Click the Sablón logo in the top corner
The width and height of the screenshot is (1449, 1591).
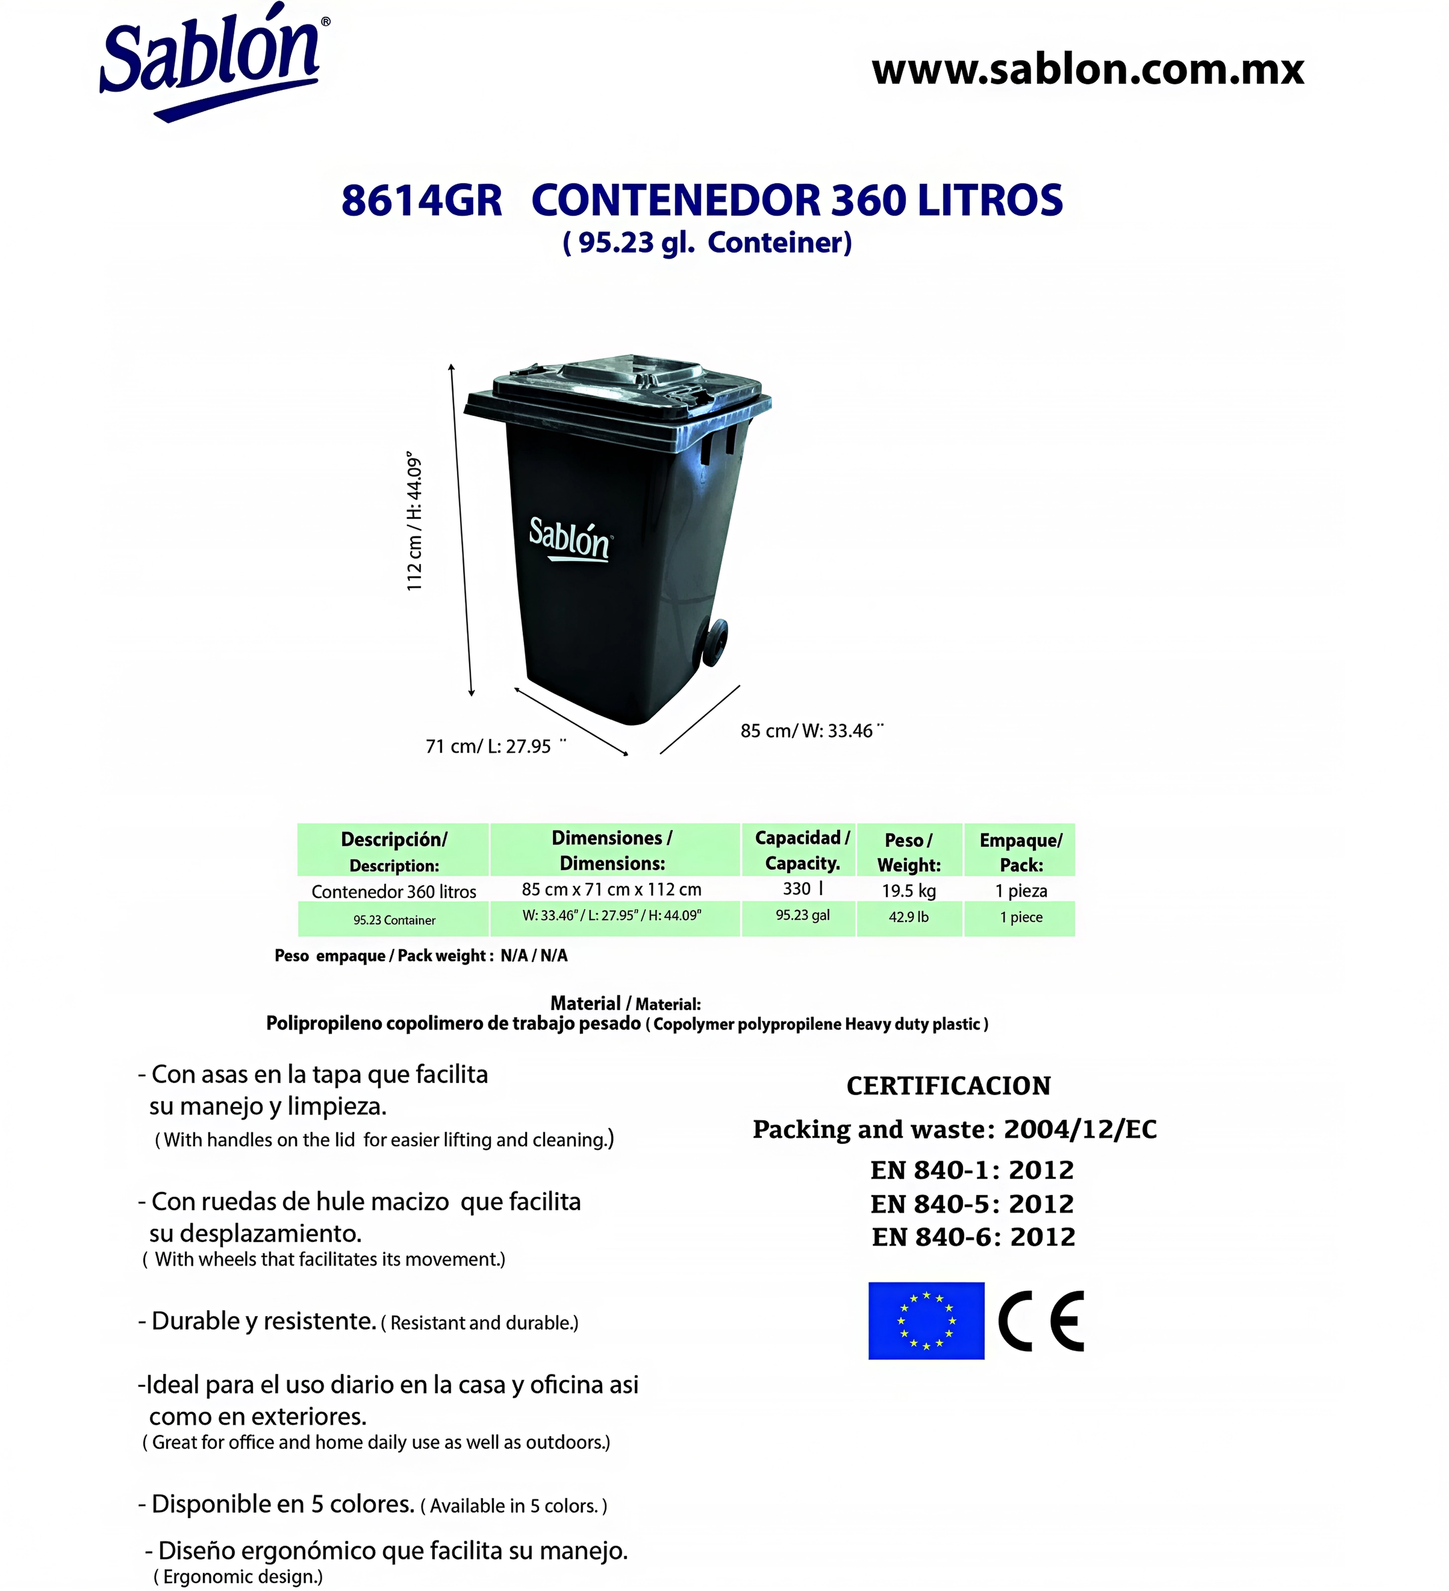(211, 63)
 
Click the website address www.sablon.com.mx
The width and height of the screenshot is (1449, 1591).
(1087, 70)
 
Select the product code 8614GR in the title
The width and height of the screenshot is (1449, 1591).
(421, 200)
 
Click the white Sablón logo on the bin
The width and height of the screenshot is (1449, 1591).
(569, 539)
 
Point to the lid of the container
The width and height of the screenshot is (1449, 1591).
(616, 387)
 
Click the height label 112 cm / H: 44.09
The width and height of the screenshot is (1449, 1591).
(414, 521)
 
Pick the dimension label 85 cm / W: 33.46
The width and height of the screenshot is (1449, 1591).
(807, 731)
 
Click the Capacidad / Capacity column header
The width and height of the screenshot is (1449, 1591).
(802, 850)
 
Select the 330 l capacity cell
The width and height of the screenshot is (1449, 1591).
(802, 888)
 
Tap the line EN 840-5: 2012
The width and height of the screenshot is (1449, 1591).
(972, 1204)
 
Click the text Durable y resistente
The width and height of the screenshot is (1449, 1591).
(263, 1321)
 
